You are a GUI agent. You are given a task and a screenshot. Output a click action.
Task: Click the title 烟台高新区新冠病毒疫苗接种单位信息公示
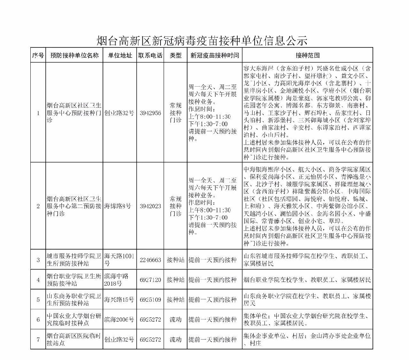click(x=202, y=41)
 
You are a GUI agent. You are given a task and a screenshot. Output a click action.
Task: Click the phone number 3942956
click(x=150, y=113)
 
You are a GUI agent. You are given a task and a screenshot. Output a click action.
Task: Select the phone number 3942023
click(x=150, y=206)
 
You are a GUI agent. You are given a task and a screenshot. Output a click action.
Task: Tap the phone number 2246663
click(x=150, y=260)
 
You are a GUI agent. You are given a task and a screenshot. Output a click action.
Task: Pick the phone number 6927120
click(x=150, y=280)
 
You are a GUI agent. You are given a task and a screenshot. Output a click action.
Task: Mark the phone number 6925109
click(x=150, y=300)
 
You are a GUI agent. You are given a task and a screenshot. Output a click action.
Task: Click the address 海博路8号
click(x=117, y=206)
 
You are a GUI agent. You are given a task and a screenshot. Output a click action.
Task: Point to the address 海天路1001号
click(x=120, y=260)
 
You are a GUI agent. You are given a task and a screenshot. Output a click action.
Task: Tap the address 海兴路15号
click(x=119, y=300)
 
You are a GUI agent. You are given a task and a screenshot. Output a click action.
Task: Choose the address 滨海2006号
click(x=119, y=320)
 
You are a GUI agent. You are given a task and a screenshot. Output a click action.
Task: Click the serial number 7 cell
click(x=38, y=340)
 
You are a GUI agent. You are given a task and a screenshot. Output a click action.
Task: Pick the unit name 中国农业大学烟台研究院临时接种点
click(x=74, y=320)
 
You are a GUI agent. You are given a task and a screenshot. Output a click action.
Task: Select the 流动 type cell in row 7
click(x=176, y=340)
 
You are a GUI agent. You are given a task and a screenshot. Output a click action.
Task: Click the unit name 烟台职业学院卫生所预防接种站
click(x=74, y=280)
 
